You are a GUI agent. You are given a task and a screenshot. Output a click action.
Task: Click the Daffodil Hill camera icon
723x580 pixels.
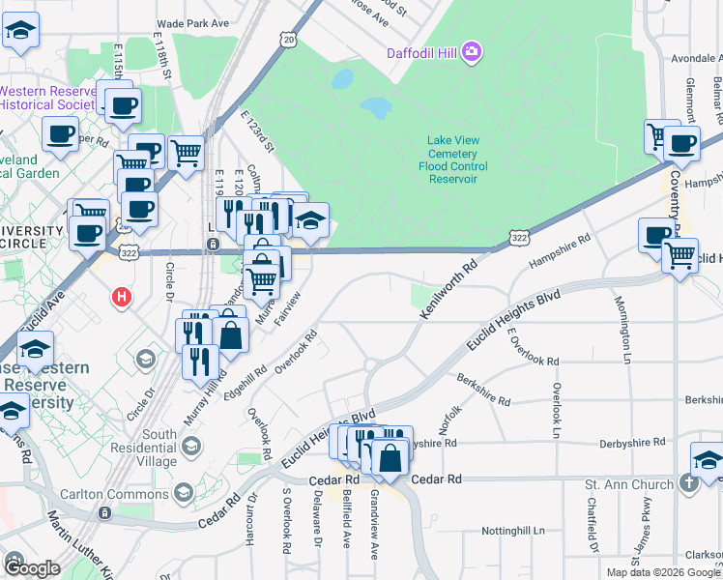[472, 51]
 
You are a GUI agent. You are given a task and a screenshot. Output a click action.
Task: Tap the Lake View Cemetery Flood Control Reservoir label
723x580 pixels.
[452, 159]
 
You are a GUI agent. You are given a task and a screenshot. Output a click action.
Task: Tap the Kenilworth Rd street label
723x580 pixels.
[449, 289]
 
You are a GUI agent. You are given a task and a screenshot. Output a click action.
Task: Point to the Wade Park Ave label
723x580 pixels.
[192, 22]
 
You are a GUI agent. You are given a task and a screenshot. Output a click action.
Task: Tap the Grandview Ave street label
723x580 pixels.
[375, 526]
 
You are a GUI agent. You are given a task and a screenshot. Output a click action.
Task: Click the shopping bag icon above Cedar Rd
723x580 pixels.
[390, 456]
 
